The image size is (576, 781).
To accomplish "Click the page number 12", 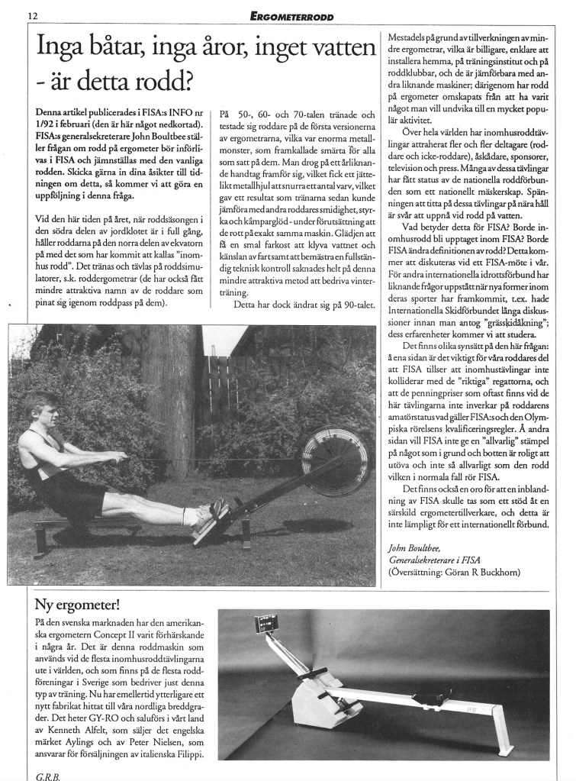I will click(33, 15).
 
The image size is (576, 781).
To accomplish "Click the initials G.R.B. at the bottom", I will click(47, 772).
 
